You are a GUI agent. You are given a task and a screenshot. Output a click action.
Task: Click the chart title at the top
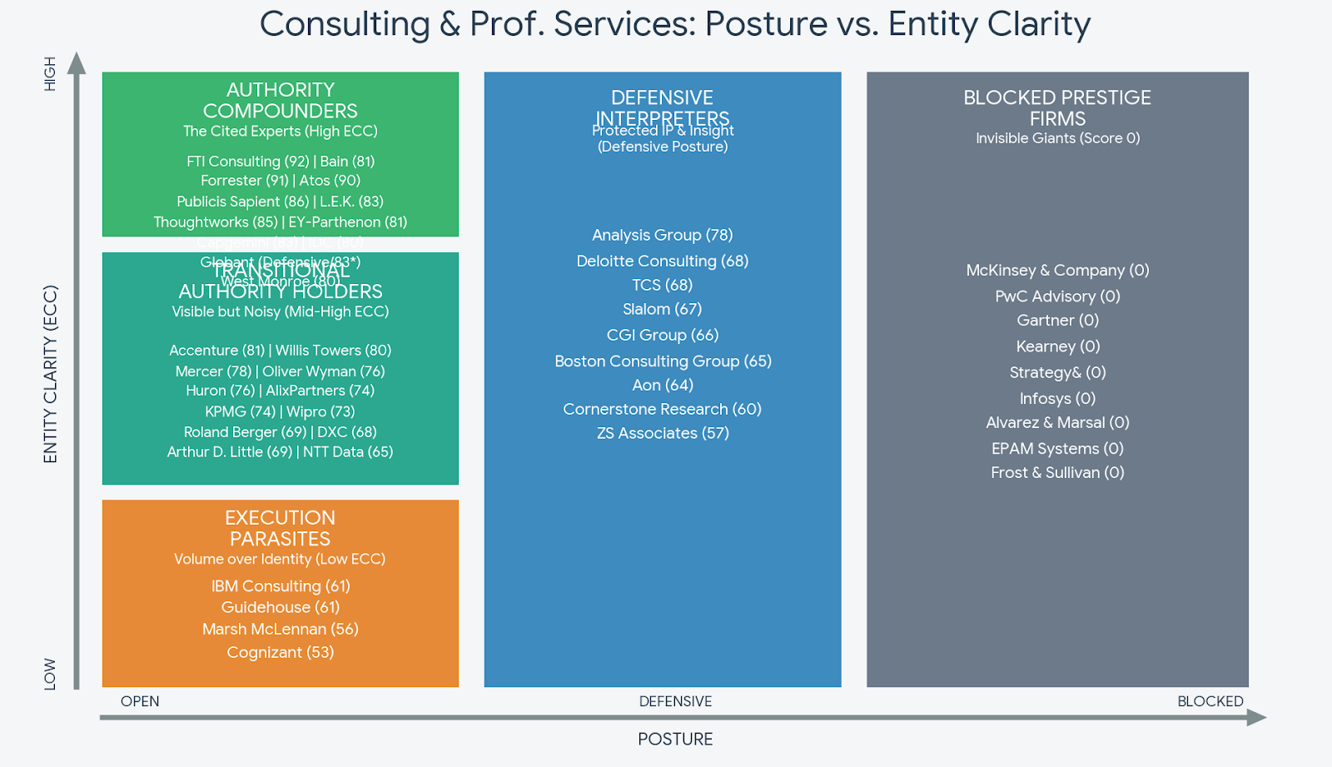pos(674,24)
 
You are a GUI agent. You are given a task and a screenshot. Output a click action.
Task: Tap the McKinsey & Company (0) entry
pos(1057,271)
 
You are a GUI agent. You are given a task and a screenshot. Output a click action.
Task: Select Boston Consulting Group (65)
pos(663,361)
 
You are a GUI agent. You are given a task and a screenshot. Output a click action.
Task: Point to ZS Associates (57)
pos(663,433)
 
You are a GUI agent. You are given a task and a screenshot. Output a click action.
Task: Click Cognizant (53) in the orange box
pos(281,652)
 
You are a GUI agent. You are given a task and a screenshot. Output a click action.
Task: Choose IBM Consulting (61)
pos(281,586)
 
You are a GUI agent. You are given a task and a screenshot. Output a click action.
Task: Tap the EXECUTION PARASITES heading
pos(281,528)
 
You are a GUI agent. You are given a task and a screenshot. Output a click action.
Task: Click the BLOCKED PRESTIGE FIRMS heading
pos(1057,108)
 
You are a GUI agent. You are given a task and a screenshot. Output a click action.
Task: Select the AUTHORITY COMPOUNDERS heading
pos(281,100)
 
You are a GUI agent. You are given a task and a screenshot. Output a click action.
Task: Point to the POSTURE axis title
pos(675,739)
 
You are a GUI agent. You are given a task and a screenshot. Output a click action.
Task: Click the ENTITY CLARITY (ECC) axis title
pos(51,374)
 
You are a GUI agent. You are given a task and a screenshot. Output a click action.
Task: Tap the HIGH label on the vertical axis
pos(50,73)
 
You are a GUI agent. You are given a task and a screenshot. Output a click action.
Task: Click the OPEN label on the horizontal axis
pos(140,701)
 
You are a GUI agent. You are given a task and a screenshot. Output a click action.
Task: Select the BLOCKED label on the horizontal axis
pos(1210,701)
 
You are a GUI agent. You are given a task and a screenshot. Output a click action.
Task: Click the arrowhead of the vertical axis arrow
pos(77,62)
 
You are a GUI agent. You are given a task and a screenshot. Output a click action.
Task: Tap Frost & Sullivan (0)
pos(1057,472)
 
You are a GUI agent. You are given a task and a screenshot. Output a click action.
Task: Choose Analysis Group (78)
pos(663,235)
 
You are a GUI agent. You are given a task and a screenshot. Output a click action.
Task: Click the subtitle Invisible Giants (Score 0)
pos(1057,138)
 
